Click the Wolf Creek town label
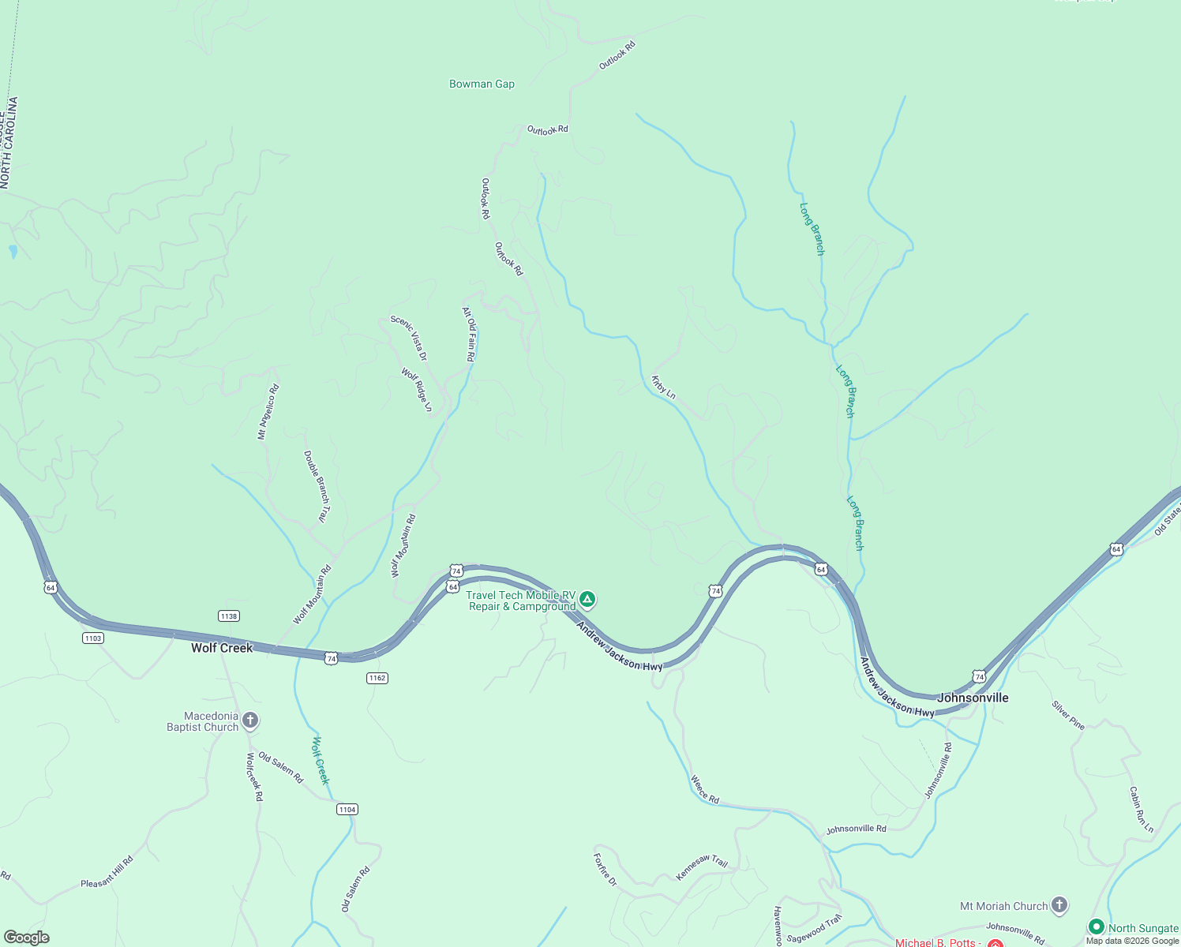tap(222, 648)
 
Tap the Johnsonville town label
tap(973, 698)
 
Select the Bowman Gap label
tap(482, 84)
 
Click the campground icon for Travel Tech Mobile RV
tap(587, 599)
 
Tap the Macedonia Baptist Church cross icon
tap(250, 720)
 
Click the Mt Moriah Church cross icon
tap(1059, 905)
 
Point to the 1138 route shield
tap(228, 616)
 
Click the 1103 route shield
tap(92, 638)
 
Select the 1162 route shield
tap(377, 678)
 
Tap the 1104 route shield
tap(347, 809)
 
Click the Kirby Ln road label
tap(663, 387)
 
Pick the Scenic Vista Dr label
tap(409, 339)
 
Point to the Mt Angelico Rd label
tap(268, 411)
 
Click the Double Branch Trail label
tap(316, 487)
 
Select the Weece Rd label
tap(705, 789)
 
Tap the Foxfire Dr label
tap(605, 869)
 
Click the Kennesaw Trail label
tap(702, 867)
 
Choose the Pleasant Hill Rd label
tap(107, 872)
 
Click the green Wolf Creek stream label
tap(320, 760)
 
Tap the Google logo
tap(27, 938)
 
